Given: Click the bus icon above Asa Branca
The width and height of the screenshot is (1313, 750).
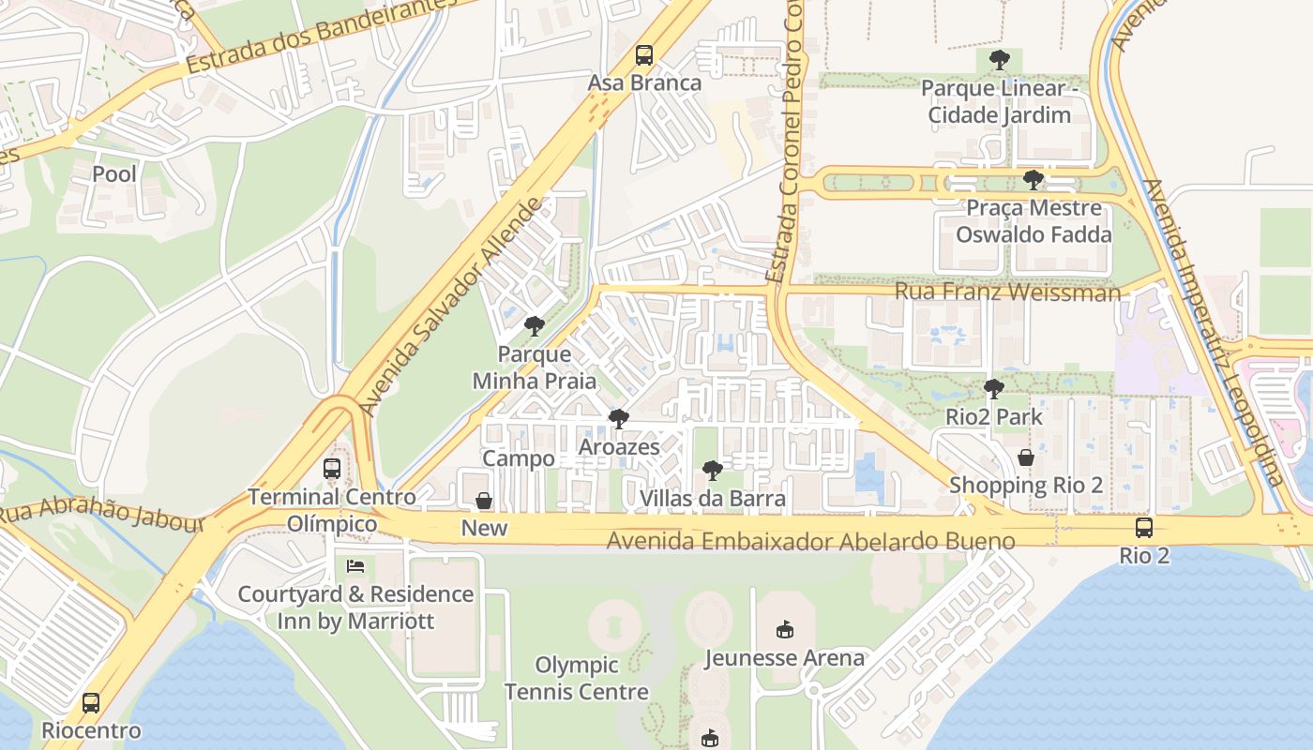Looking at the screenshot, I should point(643,55).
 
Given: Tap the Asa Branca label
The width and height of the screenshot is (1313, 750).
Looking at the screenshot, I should point(644,82).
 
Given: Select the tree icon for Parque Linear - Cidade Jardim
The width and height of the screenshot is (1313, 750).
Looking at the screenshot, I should point(999,61).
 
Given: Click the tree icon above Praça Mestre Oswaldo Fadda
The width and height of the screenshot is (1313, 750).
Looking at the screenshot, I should point(1034,180).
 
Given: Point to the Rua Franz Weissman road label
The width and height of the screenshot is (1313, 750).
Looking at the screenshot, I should point(1007,292).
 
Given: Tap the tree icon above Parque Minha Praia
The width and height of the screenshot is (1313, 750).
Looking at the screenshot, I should point(535,326).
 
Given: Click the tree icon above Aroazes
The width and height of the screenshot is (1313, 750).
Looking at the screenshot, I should point(618,419).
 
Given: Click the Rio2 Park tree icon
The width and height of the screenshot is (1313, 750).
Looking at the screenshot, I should point(994,388).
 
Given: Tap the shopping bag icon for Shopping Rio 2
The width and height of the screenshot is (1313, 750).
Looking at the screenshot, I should point(1026,457).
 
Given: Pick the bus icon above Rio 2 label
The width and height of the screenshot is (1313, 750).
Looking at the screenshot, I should point(1144,528).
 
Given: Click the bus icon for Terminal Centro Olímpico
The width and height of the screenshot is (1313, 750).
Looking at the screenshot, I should point(332,469).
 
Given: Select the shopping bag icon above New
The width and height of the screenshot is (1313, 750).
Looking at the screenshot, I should point(484,501).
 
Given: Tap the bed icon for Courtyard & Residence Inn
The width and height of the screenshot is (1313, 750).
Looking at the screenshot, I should point(355,566).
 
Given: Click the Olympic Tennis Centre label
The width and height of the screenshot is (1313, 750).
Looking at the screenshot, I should point(576,679).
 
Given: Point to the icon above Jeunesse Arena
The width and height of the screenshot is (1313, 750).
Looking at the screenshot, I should point(785,630).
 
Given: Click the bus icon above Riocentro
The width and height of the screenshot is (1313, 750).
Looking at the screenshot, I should point(91,703).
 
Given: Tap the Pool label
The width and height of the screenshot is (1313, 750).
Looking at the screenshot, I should point(114,173).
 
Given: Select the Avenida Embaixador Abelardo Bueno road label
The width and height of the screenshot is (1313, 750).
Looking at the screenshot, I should point(810,541).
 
